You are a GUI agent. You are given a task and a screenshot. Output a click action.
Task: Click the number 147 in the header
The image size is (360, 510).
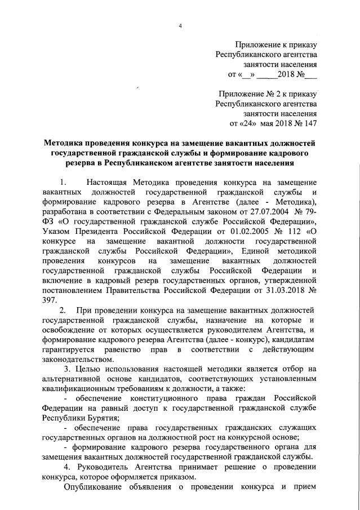(310, 122)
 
